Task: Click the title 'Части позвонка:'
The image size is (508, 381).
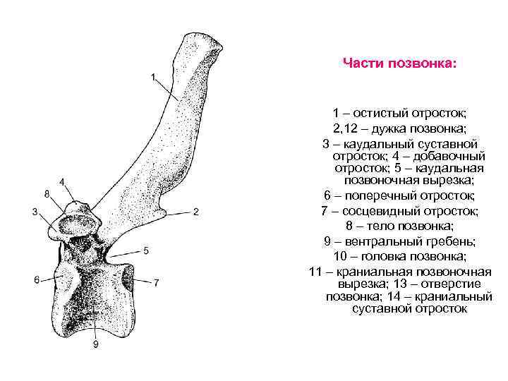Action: tap(399, 64)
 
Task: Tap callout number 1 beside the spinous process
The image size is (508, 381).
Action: tap(154, 77)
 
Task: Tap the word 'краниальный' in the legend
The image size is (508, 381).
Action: tap(454, 296)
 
